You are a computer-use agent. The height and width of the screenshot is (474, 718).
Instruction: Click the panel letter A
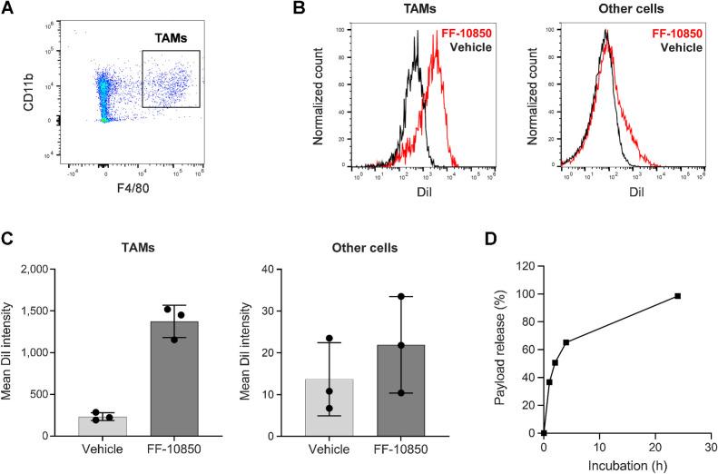point(9,9)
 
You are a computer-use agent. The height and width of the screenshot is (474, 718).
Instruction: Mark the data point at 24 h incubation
point(677,296)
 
